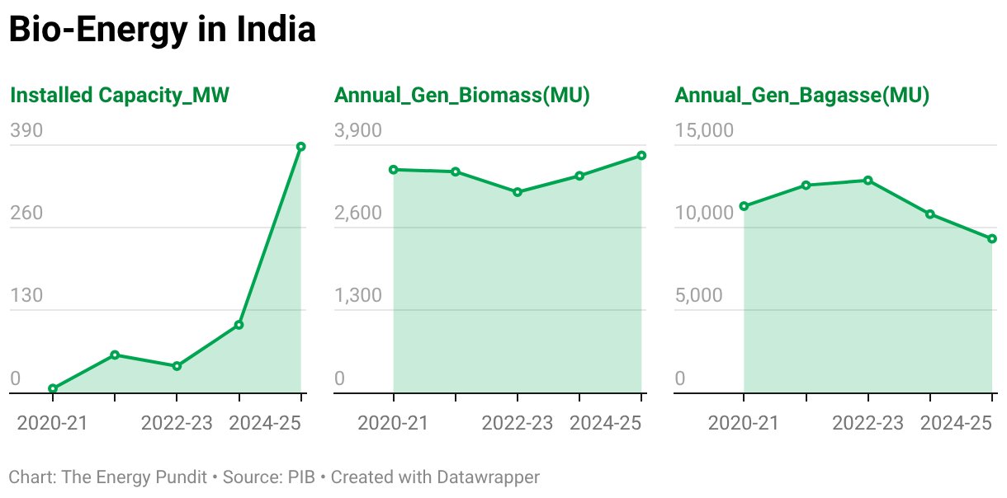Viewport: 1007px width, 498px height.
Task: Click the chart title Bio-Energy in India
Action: (x=162, y=30)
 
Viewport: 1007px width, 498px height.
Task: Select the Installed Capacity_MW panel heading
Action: (x=119, y=96)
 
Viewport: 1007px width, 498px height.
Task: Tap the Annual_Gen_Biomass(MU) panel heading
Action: (x=461, y=96)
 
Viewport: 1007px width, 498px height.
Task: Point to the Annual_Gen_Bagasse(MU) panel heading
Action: (x=802, y=96)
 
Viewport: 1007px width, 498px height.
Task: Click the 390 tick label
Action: (x=26, y=131)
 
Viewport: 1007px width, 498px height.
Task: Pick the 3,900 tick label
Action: (x=358, y=131)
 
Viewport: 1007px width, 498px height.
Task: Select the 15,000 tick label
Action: (x=704, y=131)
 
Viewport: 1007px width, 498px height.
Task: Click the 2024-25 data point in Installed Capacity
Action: (x=301, y=147)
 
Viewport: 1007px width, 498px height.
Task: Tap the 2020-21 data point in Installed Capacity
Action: (x=53, y=388)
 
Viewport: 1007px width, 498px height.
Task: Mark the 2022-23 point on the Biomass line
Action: (x=518, y=192)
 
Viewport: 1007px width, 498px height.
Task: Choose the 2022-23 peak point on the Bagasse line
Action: (x=868, y=180)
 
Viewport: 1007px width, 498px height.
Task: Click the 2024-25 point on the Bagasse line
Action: (x=992, y=239)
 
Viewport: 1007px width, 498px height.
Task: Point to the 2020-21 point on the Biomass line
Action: (x=394, y=170)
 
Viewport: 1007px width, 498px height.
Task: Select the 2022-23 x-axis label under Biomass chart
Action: (x=518, y=423)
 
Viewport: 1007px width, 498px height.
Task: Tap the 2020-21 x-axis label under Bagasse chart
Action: (x=744, y=423)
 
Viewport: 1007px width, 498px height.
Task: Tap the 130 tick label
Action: (x=26, y=295)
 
